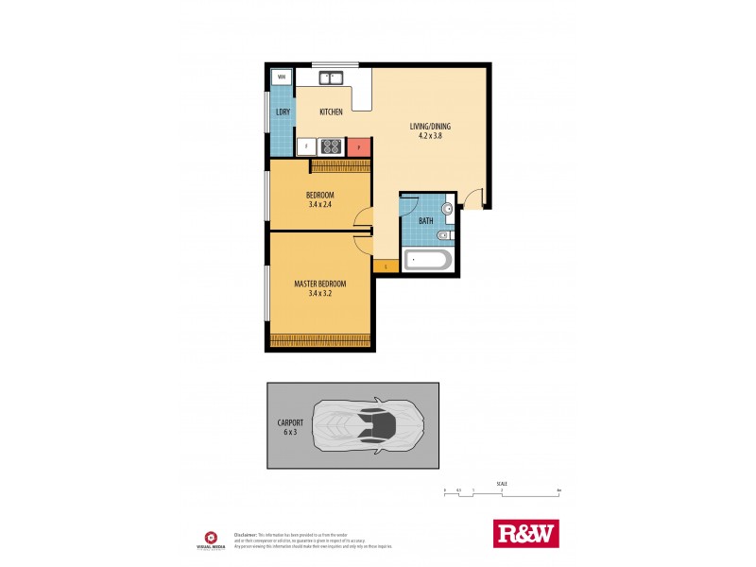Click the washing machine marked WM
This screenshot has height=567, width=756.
tap(282, 78)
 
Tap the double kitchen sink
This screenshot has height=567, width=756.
tap(331, 78)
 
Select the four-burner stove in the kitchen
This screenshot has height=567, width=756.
tap(331, 146)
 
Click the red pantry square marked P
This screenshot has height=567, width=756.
tap(358, 146)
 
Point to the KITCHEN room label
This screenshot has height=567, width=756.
tap(331, 112)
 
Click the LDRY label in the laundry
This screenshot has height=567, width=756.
tap(283, 112)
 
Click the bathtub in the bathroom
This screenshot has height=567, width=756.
tap(427, 260)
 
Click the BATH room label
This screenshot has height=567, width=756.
tap(426, 222)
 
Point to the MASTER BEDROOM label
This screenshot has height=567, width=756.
tap(319, 284)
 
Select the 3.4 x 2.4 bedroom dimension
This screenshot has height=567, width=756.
tap(319, 204)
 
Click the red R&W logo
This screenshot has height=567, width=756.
tap(527, 533)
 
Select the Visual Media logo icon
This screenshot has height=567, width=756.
tap(211, 536)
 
